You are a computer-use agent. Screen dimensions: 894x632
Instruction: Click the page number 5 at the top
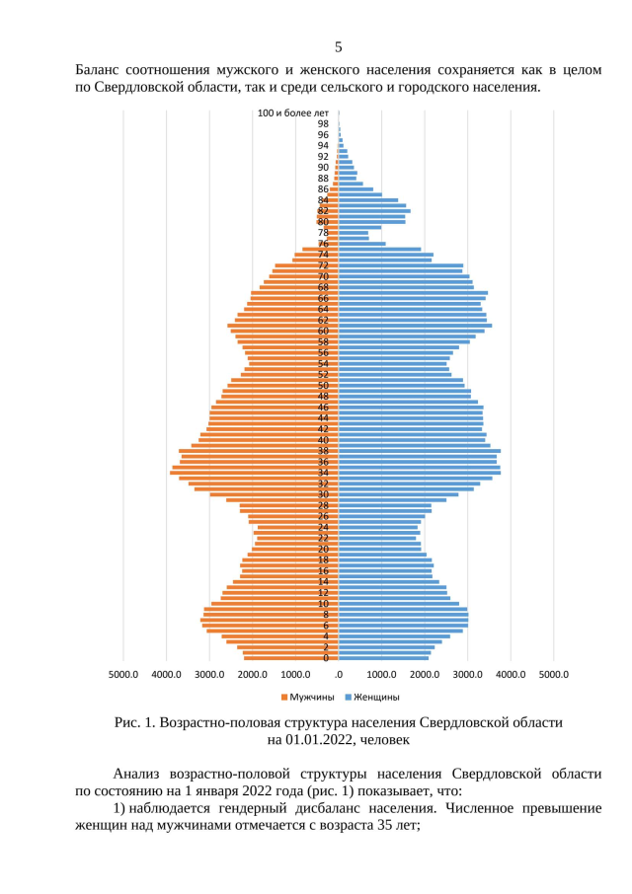click(338, 46)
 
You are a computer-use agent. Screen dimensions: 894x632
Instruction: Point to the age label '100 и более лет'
click(293, 113)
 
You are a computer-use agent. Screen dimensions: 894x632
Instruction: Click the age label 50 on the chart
click(323, 386)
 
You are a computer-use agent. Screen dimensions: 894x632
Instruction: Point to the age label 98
click(323, 124)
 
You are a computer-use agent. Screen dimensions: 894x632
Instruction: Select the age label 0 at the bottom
click(326, 658)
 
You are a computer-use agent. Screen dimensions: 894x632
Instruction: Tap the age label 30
click(323, 494)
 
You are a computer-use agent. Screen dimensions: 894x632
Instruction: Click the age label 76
click(323, 244)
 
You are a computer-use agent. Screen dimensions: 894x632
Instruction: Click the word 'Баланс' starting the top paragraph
click(101, 70)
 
